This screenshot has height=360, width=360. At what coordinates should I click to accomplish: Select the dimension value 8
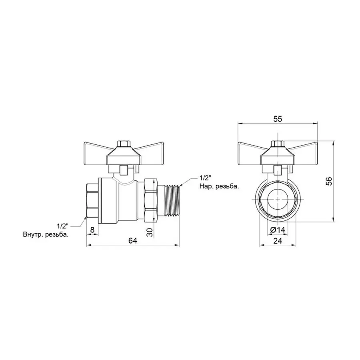(93, 229)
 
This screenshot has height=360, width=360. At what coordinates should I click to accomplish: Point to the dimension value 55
(278, 118)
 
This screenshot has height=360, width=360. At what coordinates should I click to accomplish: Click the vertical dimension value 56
(329, 181)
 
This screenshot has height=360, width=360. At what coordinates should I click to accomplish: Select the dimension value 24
(278, 240)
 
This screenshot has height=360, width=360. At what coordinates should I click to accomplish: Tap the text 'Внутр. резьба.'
(46, 235)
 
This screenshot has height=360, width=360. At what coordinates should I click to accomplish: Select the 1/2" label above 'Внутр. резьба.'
(62, 227)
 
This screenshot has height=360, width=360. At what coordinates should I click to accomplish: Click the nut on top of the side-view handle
(123, 143)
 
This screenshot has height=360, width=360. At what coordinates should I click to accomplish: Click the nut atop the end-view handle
(277, 143)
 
